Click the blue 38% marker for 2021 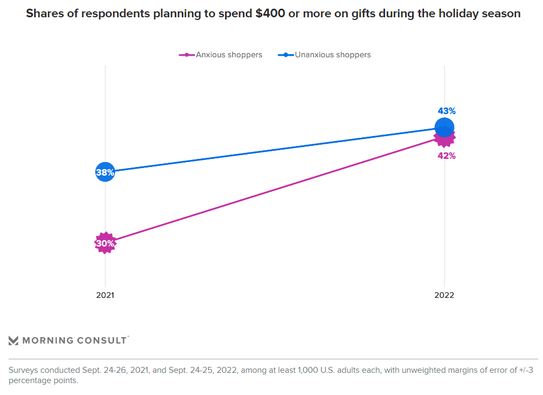[105, 172]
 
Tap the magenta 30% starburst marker [105, 243]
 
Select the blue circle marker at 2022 [444, 128]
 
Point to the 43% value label [447, 111]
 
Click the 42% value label [447, 156]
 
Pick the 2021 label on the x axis [105, 296]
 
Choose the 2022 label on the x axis [444, 296]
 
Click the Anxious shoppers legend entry [229, 55]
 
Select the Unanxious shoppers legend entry [333, 55]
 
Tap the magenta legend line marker [187, 55]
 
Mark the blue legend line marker [286, 55]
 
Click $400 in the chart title [270, 14]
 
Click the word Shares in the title [43, 14]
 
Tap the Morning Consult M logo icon [14, 340]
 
